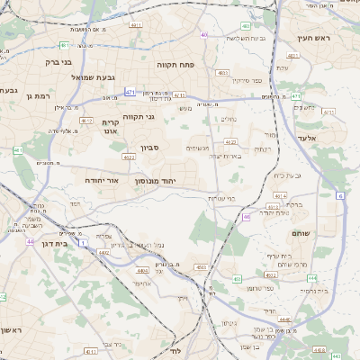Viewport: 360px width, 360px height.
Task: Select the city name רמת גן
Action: tap(42, 94)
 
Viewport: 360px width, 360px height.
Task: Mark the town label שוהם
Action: tap(301, 233)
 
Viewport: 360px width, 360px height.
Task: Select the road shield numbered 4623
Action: tap(129, 157)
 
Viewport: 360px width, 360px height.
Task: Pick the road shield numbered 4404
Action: tap(142, 269)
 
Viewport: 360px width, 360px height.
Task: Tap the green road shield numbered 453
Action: tap(238, 279)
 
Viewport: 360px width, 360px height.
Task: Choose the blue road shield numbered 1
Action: tap(83, 243)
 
